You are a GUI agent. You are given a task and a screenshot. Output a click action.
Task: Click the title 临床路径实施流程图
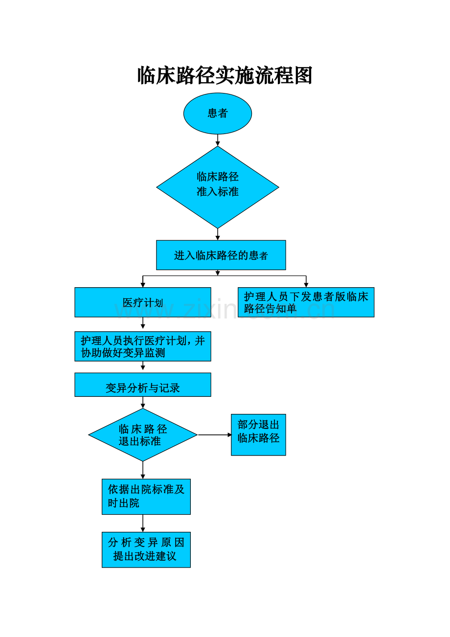(225, 76)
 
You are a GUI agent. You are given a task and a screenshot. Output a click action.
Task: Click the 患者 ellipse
(218, 114)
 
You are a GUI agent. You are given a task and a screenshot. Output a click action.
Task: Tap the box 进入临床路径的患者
(221, 255)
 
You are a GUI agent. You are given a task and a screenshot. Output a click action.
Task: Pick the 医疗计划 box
(143, 302)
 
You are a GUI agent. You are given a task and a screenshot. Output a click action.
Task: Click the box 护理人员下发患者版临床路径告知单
(306, 302)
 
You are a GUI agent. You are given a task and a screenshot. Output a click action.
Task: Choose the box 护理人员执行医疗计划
(143, 346)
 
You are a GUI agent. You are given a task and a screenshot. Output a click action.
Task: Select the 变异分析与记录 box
(143, 385)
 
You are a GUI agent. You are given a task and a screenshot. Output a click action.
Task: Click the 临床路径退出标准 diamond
(143, 435)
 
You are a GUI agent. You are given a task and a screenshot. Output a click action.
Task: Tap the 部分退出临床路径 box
(258, 435)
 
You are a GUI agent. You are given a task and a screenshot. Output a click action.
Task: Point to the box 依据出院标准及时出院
(146, 497)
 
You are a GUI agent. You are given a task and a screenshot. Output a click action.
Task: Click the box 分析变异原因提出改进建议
(146, 550)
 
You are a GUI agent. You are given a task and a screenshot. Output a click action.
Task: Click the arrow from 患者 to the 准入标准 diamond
(218, 140)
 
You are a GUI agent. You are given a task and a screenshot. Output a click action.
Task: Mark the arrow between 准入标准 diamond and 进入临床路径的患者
(218, 234)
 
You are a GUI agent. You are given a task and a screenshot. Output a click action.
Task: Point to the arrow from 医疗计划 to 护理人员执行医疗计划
(143, 324)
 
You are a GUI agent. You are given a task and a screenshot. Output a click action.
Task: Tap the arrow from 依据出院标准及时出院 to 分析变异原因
(143, 523)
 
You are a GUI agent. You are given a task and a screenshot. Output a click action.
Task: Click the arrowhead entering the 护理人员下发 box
(306, 284)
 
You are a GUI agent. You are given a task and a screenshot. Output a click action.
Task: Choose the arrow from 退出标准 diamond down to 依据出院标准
(143, 470)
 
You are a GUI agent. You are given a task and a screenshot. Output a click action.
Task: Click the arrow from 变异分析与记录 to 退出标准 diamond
(143, 402)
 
